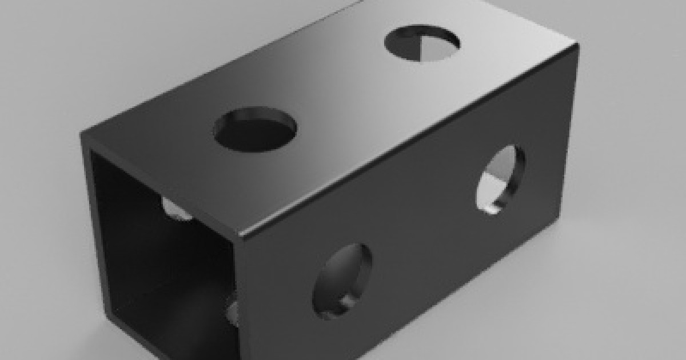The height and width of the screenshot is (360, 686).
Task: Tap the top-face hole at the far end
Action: (422, 43)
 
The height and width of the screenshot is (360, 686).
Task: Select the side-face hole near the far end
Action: (500, 179)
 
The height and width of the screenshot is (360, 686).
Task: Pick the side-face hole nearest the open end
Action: (342, 281)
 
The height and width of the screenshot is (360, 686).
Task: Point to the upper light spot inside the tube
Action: (174, 209)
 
